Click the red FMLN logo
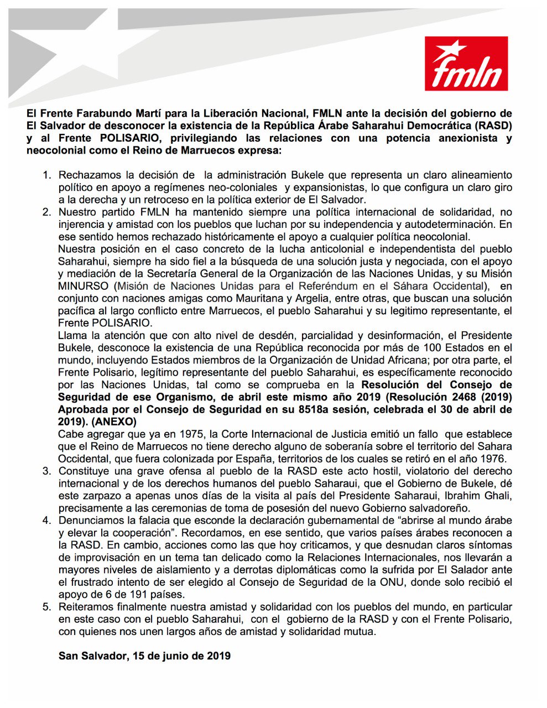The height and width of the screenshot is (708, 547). tap(466, 64)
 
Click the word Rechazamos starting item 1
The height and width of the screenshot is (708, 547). tap(86, 175)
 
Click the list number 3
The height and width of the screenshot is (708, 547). tap(46, 471)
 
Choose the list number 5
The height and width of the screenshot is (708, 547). tap(46, 607)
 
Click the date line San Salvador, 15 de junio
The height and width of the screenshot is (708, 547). tap(144, 656)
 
